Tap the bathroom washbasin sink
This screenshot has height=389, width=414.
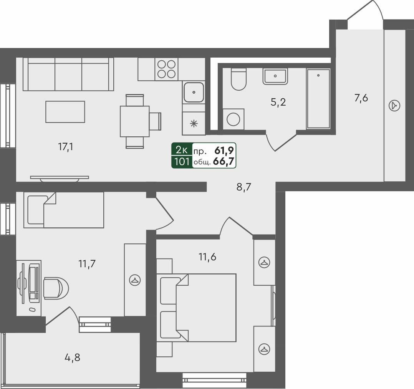275,76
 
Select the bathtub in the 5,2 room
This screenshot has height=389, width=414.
318,99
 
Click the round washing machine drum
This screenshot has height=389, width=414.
233,119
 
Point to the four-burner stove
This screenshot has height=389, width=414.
166,69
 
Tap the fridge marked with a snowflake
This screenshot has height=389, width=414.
194,123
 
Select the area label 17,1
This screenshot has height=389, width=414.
66,147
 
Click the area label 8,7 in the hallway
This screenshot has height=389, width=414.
246,188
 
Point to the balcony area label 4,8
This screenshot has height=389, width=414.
72,358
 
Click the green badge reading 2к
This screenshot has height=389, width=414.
182,150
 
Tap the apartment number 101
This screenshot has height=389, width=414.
182,162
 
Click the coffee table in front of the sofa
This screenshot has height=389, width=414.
65,112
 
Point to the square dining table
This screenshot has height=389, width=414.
134,121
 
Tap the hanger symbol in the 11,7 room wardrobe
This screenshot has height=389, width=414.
135,280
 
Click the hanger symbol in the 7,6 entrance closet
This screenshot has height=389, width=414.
394,105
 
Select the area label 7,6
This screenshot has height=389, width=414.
361,98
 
